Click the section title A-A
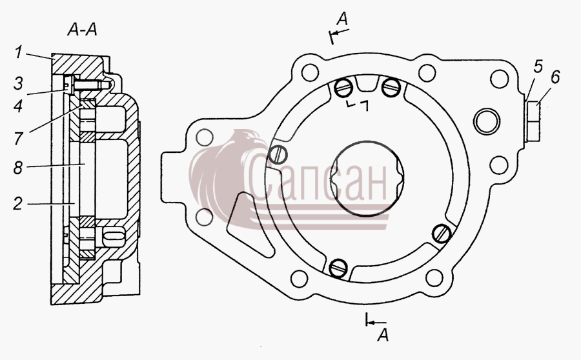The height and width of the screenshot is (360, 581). (82, 30)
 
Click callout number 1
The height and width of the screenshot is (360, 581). (18, 52)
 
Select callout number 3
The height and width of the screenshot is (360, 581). (19, 83)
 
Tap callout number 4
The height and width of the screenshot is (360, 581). (18, 106)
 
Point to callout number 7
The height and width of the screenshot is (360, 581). (18, 139)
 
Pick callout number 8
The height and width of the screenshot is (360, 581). (18, 167)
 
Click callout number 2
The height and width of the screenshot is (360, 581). (18, 204)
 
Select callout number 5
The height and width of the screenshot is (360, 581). (538, 66)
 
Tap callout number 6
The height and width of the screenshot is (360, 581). (555, 77)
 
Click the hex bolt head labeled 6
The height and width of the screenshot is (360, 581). (533, 121)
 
